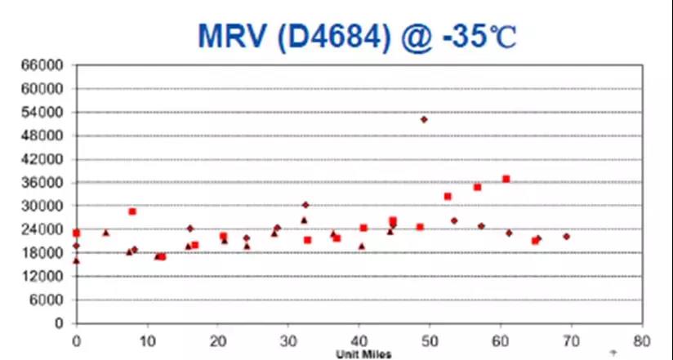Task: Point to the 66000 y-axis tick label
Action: [x=47, y=64]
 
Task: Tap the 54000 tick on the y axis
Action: [x=47, y=112]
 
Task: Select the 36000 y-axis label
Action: [x=47, y=183]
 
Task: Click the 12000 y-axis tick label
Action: [x=47, y=277]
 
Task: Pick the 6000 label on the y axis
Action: [x=50, y=300]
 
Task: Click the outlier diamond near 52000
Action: [x=424, y=119]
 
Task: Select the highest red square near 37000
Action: [x=506, y=179]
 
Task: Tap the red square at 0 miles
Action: [x=76, y=233]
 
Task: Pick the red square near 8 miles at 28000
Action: [x=132, y=211]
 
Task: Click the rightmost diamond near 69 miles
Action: [x=566, y=236]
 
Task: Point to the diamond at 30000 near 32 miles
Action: [x=305, y=205]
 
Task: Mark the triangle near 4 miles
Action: [x=105, y=233]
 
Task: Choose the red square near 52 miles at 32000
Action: [x=448, y=196]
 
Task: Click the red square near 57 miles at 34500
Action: [x=477, y=187]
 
